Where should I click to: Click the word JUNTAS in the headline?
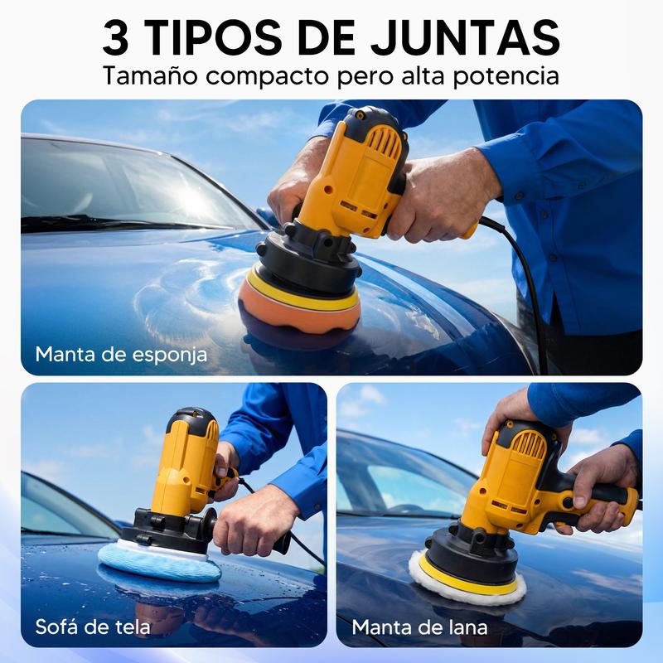click(x=466, y=37)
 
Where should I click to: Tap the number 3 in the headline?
click(x=115, y=37)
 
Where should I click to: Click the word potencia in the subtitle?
click(x=506, y=77)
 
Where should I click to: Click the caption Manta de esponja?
click(x=121, y=355)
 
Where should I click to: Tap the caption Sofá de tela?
click(x=93, y=627)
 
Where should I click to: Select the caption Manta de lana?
click(x=419, y=627)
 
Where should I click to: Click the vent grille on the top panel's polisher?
click(x=384, y=143)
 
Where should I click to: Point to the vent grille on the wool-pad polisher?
click(x=529, y=445)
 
